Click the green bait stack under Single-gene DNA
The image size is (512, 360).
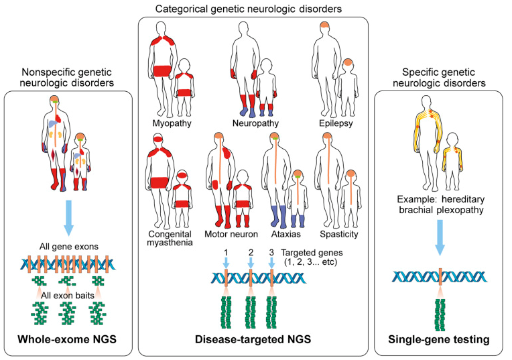pos(440,315)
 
